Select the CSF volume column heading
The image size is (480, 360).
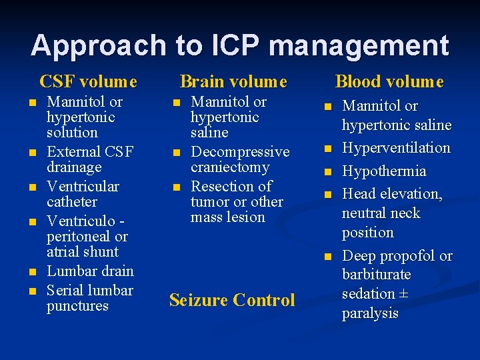click(x=89, y=81)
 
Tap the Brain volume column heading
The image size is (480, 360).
click(x=233, y=81)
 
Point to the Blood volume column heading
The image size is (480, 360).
click(x=389, y=81)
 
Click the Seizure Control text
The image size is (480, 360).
click(x=232, y=300)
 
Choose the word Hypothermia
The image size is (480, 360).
click(x=384, y=171)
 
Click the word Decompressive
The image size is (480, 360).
click(x=240, y=151)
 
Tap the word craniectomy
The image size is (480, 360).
click(x=230, y=167)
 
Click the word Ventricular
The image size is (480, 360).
click(x=83, y=186)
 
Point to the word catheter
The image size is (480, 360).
click(x=72, y=201)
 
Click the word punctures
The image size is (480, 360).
click(x=77, y=306)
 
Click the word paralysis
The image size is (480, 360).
click(x=370, y=313)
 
